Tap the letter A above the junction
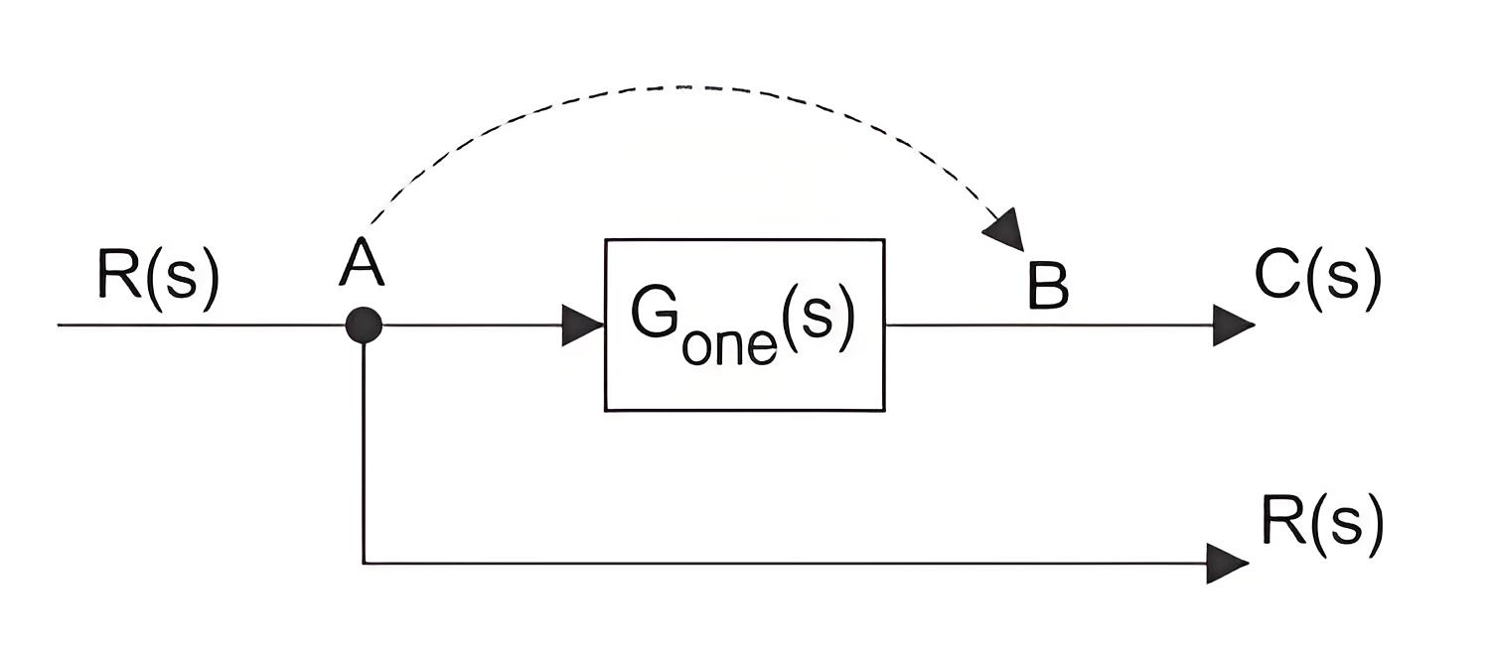pos(362,261)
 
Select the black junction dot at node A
pos(364,325)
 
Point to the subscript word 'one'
pos(730,345)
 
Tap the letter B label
pos(1048,285)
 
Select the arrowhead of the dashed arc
pos(1006,230)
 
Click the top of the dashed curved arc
pos(680,87)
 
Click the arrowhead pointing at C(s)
pos(1233,325)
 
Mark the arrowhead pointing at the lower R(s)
pos(1228,564)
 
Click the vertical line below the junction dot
pos(364,454)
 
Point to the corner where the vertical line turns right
pos(364,564)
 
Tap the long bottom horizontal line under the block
pos(786,564)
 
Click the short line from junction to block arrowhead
pos(472,325)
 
